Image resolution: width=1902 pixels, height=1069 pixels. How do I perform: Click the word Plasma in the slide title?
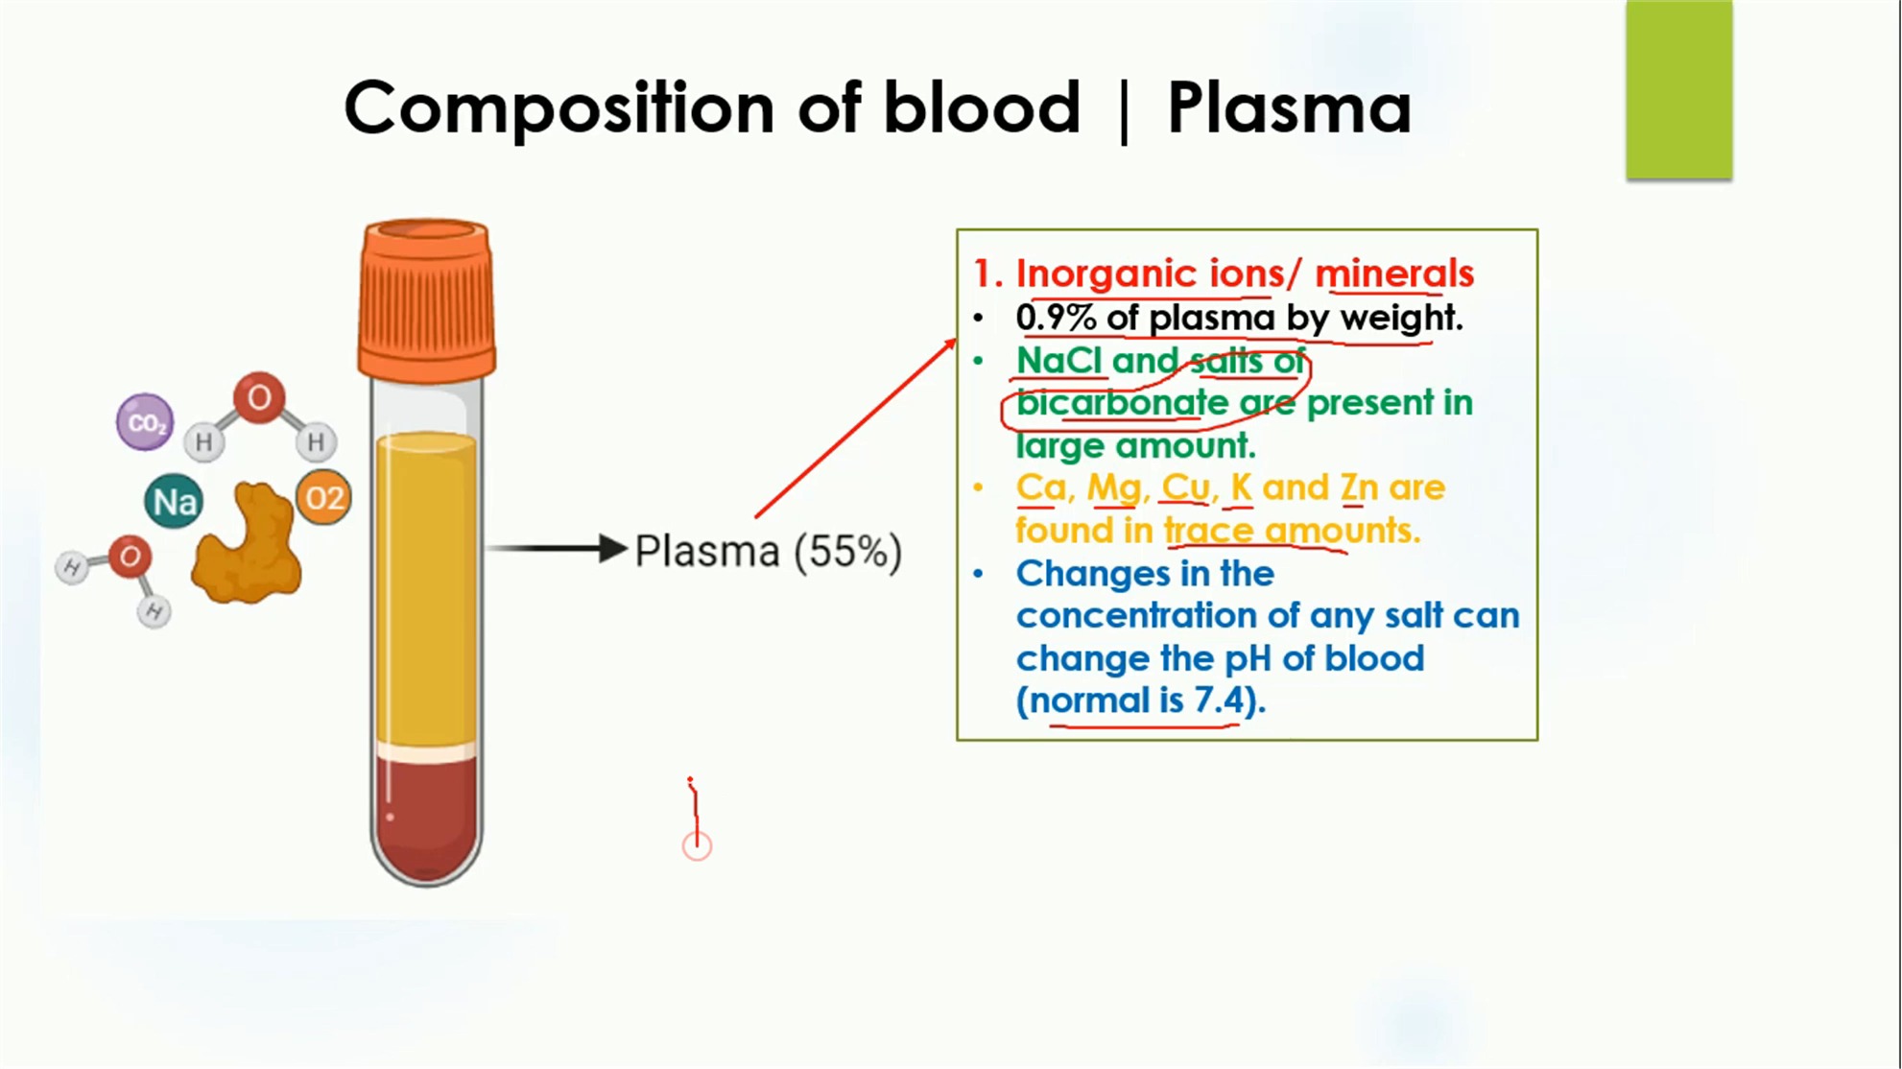click(1289, 107)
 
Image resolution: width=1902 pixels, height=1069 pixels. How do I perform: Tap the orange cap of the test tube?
click(427, 300)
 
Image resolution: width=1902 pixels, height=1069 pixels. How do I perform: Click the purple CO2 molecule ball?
click(145, 421)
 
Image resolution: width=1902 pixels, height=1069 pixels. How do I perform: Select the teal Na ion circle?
click(174, 501)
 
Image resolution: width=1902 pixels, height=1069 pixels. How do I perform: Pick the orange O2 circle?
click(323, 498)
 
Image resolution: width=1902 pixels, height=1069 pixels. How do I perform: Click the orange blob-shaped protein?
click(248, 544)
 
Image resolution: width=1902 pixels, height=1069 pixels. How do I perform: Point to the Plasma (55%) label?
click(769, 552)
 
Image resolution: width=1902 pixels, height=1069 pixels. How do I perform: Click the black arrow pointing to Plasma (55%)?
click(557, 548)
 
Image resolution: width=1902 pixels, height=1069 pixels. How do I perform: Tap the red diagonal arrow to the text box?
click(856, 427)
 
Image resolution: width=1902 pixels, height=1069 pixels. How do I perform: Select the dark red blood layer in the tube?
click(426, 816)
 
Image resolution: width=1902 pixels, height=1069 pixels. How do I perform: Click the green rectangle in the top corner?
click(1679, 89)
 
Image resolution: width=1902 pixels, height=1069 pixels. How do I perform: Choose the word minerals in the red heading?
click(1394, 273)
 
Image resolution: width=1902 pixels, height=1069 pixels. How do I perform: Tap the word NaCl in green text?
click(1058, 361)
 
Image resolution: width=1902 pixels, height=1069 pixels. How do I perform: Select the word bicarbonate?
click(1122, 403)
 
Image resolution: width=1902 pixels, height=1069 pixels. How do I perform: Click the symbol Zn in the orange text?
click(1359, 487)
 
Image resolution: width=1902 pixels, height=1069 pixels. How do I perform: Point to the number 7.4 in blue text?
click(1219, 701)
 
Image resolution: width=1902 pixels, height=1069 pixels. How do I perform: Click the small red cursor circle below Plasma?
click(697, 846)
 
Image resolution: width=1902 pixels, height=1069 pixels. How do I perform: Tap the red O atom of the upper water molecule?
click(259, 397)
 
